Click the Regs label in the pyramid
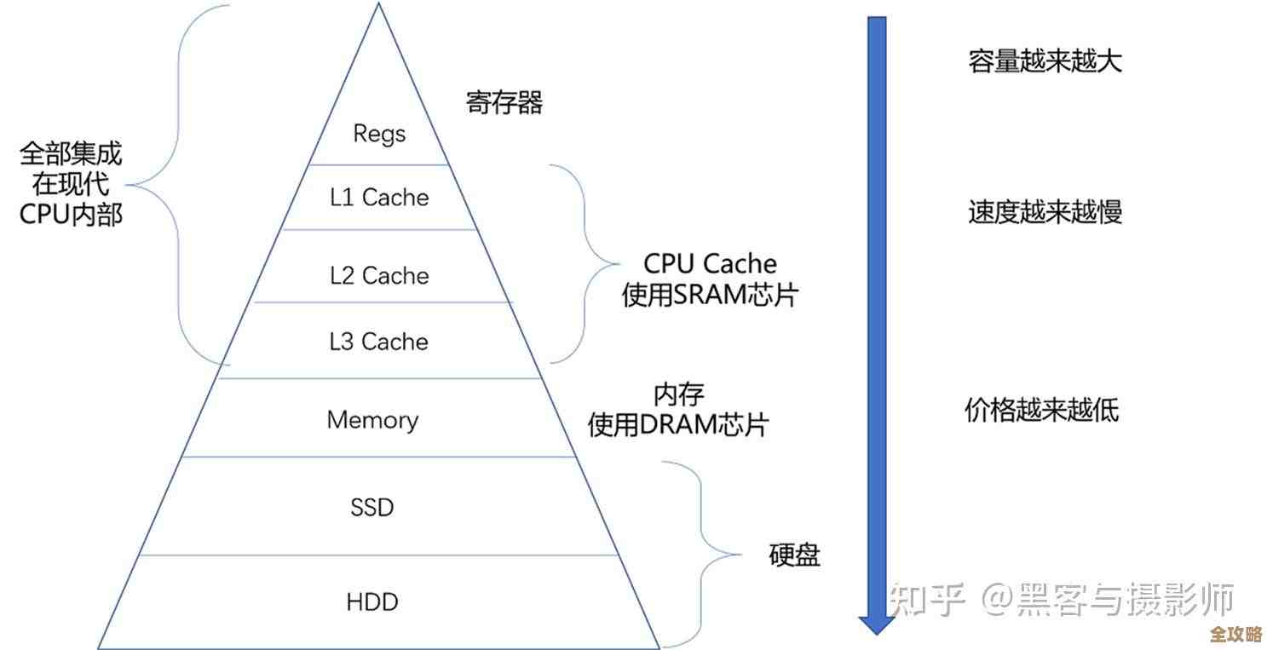[x=379, y=134]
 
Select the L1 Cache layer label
[x=379, y=198]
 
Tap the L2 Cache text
[x=379, y=275]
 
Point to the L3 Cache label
[x=379, y=342]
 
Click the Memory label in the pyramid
[x=372, y=420]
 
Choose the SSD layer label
[x=372, y=508]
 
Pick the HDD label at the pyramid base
[x=372, y=602]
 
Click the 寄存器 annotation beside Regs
[x=504, y=103]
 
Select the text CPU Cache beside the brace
[x=710, y=263]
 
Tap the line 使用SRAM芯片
[x=710, y=295]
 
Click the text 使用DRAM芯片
[x=678, y=424]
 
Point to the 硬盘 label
[x=794, y=555]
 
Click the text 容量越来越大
[x=1045, y=61]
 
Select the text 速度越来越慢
[x=1045, y=212]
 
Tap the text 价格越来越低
[x=1041, y=411]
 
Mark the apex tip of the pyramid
[x=377, y=4]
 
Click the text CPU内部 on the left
[x=72, y=214]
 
